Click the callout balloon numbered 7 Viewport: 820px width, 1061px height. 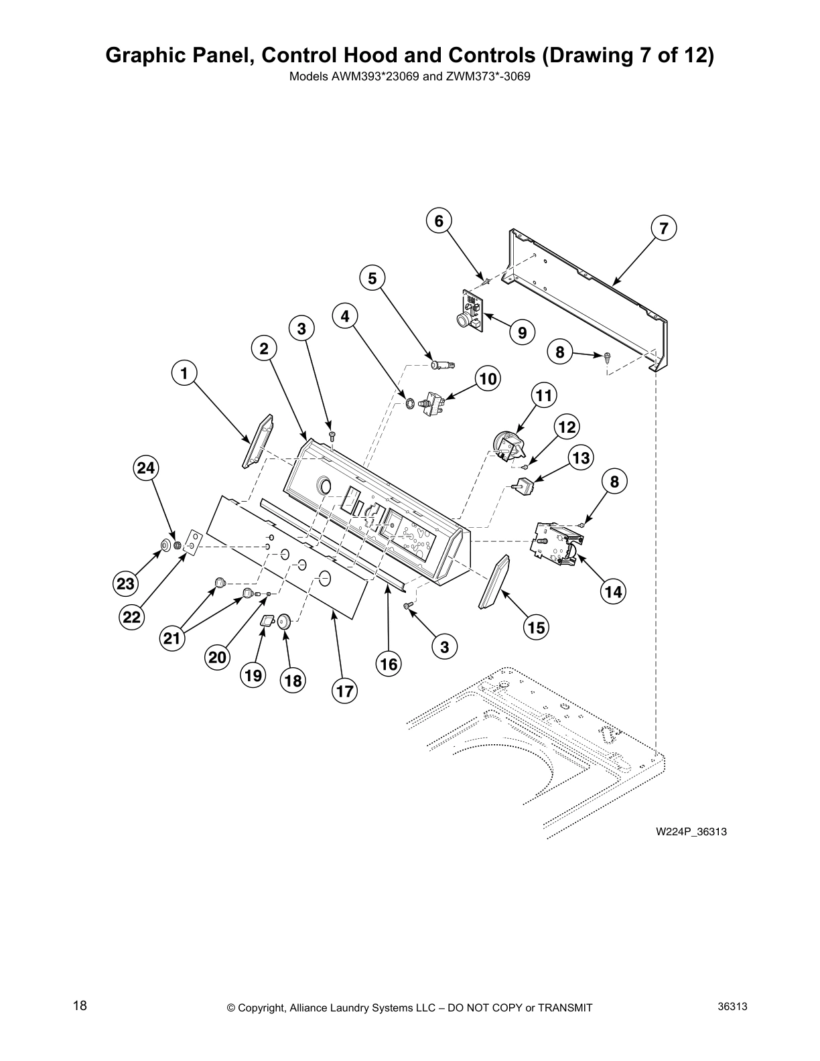[x=663, y=228]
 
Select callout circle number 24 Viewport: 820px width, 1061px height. [x=147, y=468]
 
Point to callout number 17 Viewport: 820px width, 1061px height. [x=344, y=691]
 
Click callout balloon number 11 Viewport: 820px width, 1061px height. [x=544, y=395]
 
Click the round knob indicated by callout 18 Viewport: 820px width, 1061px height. [x=283, y=622]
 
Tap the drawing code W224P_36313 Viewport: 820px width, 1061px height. [x=691, y=832]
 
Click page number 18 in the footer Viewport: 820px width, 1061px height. [x=80, y=1005]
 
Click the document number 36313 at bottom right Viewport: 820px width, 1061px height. [x=732, y=1006]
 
